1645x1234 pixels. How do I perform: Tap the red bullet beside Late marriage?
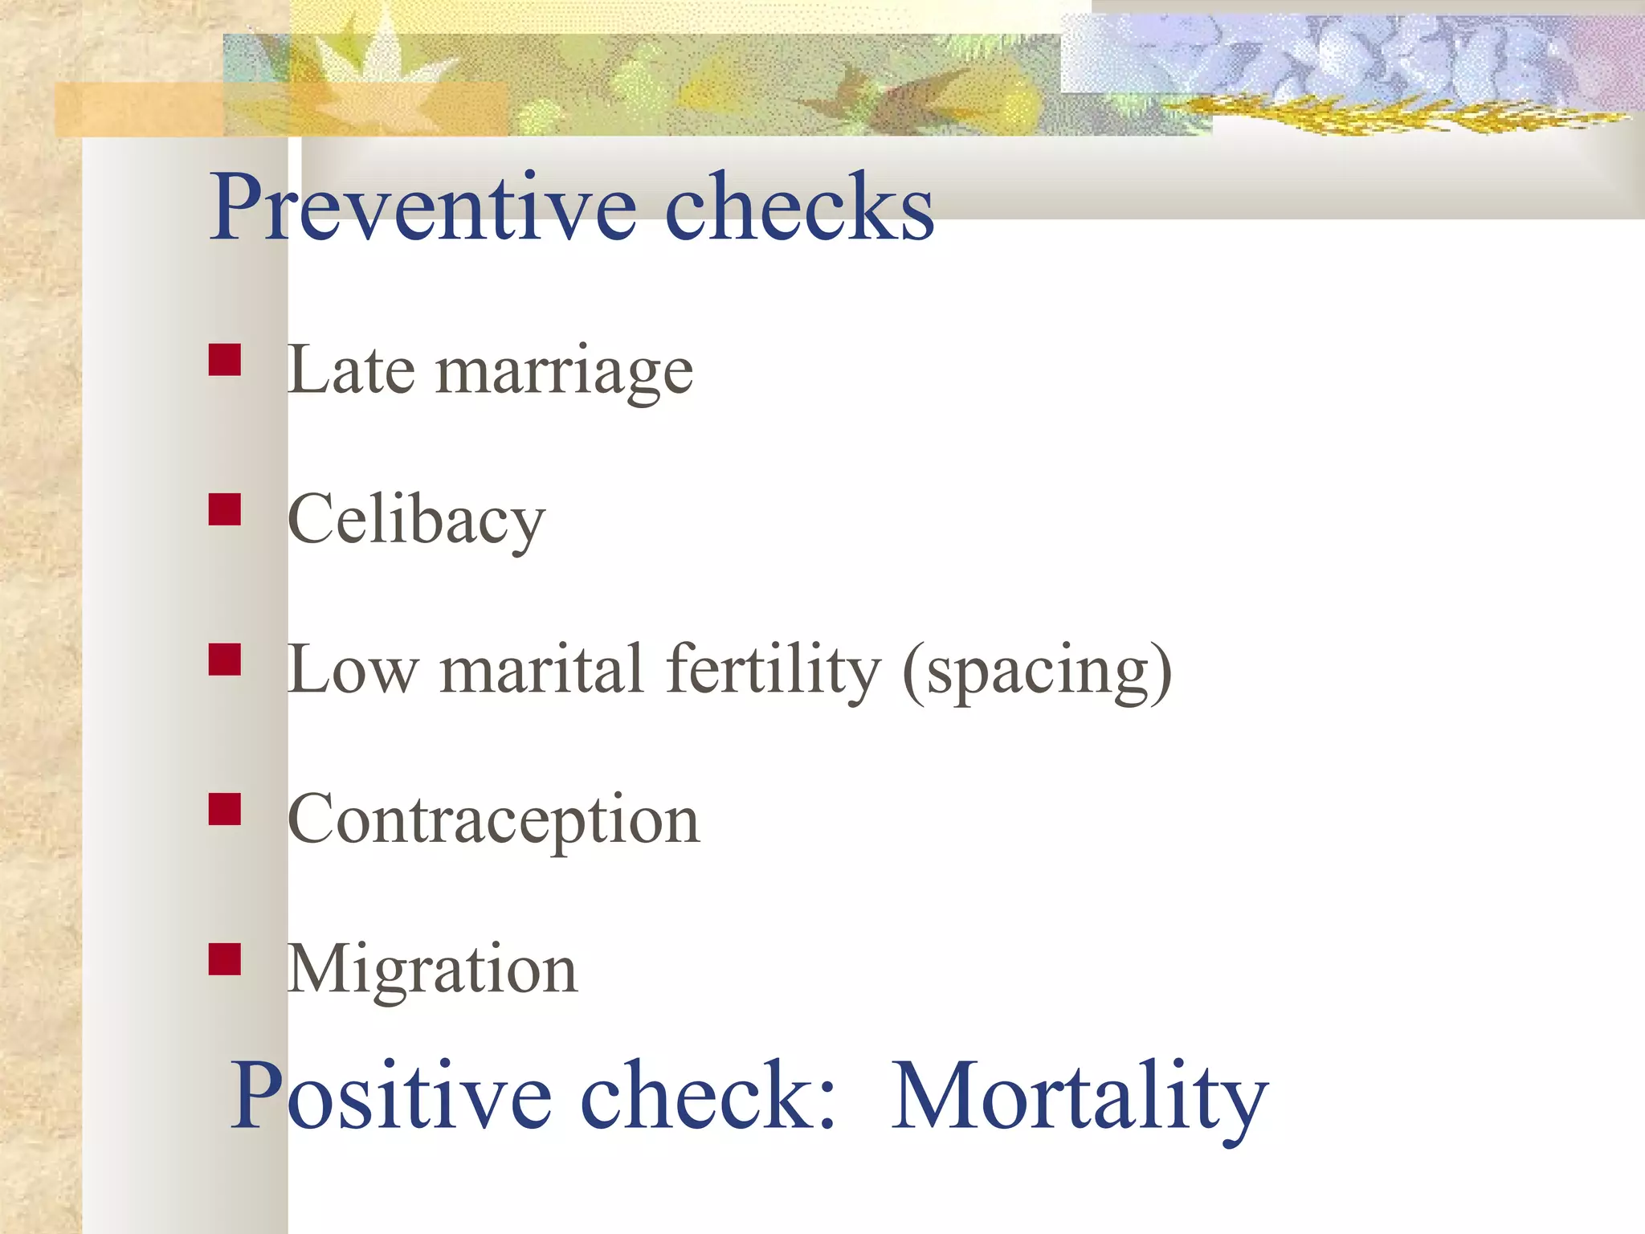(x=225, y=361)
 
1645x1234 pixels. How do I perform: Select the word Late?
(x=351, y=370)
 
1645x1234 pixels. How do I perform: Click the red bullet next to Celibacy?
(x=225, y=509)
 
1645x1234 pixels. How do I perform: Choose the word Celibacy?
(x=416, y=521)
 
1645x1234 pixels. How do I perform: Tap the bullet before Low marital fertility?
(x=225, y=659)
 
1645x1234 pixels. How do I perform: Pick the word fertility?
(x=773, y=672)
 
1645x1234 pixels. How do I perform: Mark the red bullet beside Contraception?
(x=225, y=809)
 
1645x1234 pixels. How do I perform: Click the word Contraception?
(x=493, y=821)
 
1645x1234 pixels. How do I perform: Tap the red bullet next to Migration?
(x=225, y=958)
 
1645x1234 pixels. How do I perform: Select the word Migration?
(x=432, y=970)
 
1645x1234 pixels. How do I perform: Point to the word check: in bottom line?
(x=708, y=1096)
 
